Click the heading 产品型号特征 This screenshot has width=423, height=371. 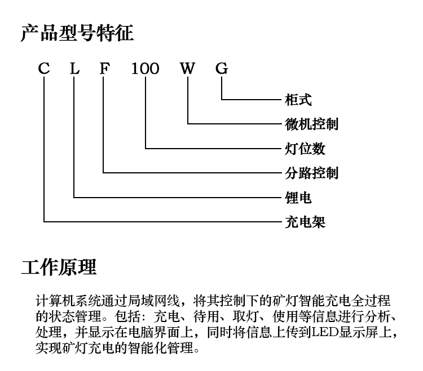[77, 33]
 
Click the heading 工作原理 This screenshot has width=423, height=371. [59, 267]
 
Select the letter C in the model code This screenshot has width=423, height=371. [44, 68]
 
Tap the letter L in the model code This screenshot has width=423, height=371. [74, 68]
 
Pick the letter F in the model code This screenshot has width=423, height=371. [105, 68]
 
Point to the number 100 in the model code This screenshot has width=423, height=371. [145, 68]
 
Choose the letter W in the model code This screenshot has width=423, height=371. [187, 68]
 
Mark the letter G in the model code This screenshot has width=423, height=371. [222, 68]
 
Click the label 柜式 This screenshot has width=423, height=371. [298, 100]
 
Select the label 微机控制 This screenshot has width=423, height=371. [311, 124]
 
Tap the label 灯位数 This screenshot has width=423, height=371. [305, 149]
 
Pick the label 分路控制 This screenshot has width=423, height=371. [311, 173]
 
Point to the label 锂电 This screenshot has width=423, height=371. [298, 198]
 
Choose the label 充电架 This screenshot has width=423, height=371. [305, 222]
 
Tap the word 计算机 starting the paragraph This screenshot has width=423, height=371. [55, 301]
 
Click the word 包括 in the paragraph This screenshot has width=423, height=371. [127, 316]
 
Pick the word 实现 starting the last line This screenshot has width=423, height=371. [49, 348]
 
